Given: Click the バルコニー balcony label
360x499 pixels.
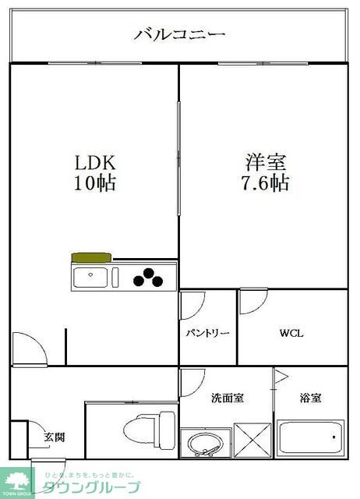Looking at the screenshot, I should pos(179,34).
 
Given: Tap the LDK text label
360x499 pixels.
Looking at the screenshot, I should pos(95,163).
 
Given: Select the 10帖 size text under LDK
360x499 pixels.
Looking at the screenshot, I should pos(95,185).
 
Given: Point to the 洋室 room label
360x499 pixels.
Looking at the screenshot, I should pos(266,163).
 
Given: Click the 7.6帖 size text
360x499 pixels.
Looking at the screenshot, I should pos(266,185).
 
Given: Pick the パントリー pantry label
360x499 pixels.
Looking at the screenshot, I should pos(207,333).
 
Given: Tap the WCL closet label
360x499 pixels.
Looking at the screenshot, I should pos(292,334).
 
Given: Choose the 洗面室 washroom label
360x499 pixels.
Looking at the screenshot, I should pos(228,398).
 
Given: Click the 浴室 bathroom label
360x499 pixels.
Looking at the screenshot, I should pos(311,398).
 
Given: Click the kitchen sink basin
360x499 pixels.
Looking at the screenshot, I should pos(93,276).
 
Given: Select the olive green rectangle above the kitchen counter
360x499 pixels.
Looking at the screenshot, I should pos(91,257).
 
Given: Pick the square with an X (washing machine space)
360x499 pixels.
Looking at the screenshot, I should pos(252,441).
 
